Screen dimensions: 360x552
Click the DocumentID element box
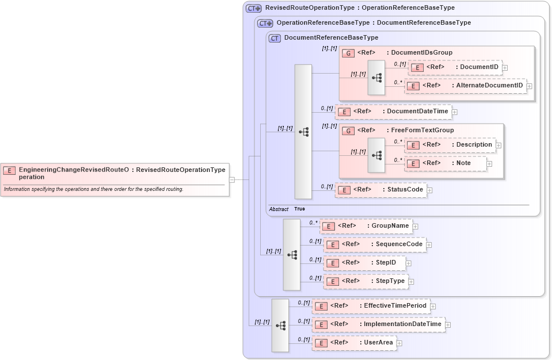(x=455, y=67)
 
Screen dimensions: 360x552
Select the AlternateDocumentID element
(x=466, y=86)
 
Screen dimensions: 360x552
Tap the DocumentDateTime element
(x=393, y=112)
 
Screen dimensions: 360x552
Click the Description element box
(x=450, y=145)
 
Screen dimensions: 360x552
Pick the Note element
(x=446, y=163)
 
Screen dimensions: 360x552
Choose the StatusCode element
(x=381, y=190)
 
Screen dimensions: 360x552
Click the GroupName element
(x=366, y=226)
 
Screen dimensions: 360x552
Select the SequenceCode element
(x=375, y=244)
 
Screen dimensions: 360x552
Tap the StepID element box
(x=364, y=263)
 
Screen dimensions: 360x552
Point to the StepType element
(x=366, y=281)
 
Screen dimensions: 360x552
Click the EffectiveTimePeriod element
(x=371, y=306)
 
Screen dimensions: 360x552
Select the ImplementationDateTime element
(x=378, y=324)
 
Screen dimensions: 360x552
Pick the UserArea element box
(x=353, y=343)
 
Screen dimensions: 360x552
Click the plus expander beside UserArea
(x=399, y=343)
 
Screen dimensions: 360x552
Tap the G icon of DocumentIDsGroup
(x=348, y=53)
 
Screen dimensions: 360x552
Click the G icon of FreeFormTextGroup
(x=348, y=131)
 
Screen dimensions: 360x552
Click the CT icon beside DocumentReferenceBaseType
(x=275, y=38)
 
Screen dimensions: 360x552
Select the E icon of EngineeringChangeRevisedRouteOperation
(x=9, y=170)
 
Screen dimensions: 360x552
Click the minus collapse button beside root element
(x=232, y=179)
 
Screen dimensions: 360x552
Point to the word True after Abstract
(x=299, y=209)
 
